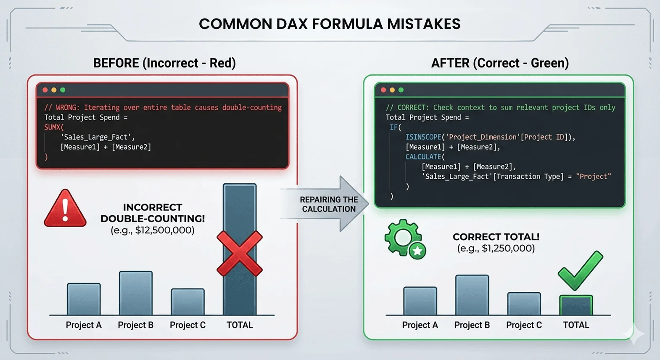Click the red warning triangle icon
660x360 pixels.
(65, 209)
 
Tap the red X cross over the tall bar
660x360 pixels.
(240, 254)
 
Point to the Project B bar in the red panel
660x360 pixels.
(136, 293)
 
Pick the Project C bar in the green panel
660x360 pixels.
(524, 304)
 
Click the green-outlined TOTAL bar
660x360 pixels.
(576, 305)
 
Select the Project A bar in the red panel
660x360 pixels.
(84, 299)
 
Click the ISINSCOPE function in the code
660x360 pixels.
(423, 137)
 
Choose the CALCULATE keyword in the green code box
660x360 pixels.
(423, 157)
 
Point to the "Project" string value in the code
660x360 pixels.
(593, 177)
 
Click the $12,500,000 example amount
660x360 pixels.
(165, 230)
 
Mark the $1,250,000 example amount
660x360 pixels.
(508, 249)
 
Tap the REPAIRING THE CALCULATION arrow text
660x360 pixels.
(329, 204)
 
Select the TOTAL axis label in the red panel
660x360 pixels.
(240, 325)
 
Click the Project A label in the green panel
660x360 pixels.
(420, 325)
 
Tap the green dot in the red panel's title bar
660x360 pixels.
(63, 90)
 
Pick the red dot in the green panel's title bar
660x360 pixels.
(383, 90)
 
